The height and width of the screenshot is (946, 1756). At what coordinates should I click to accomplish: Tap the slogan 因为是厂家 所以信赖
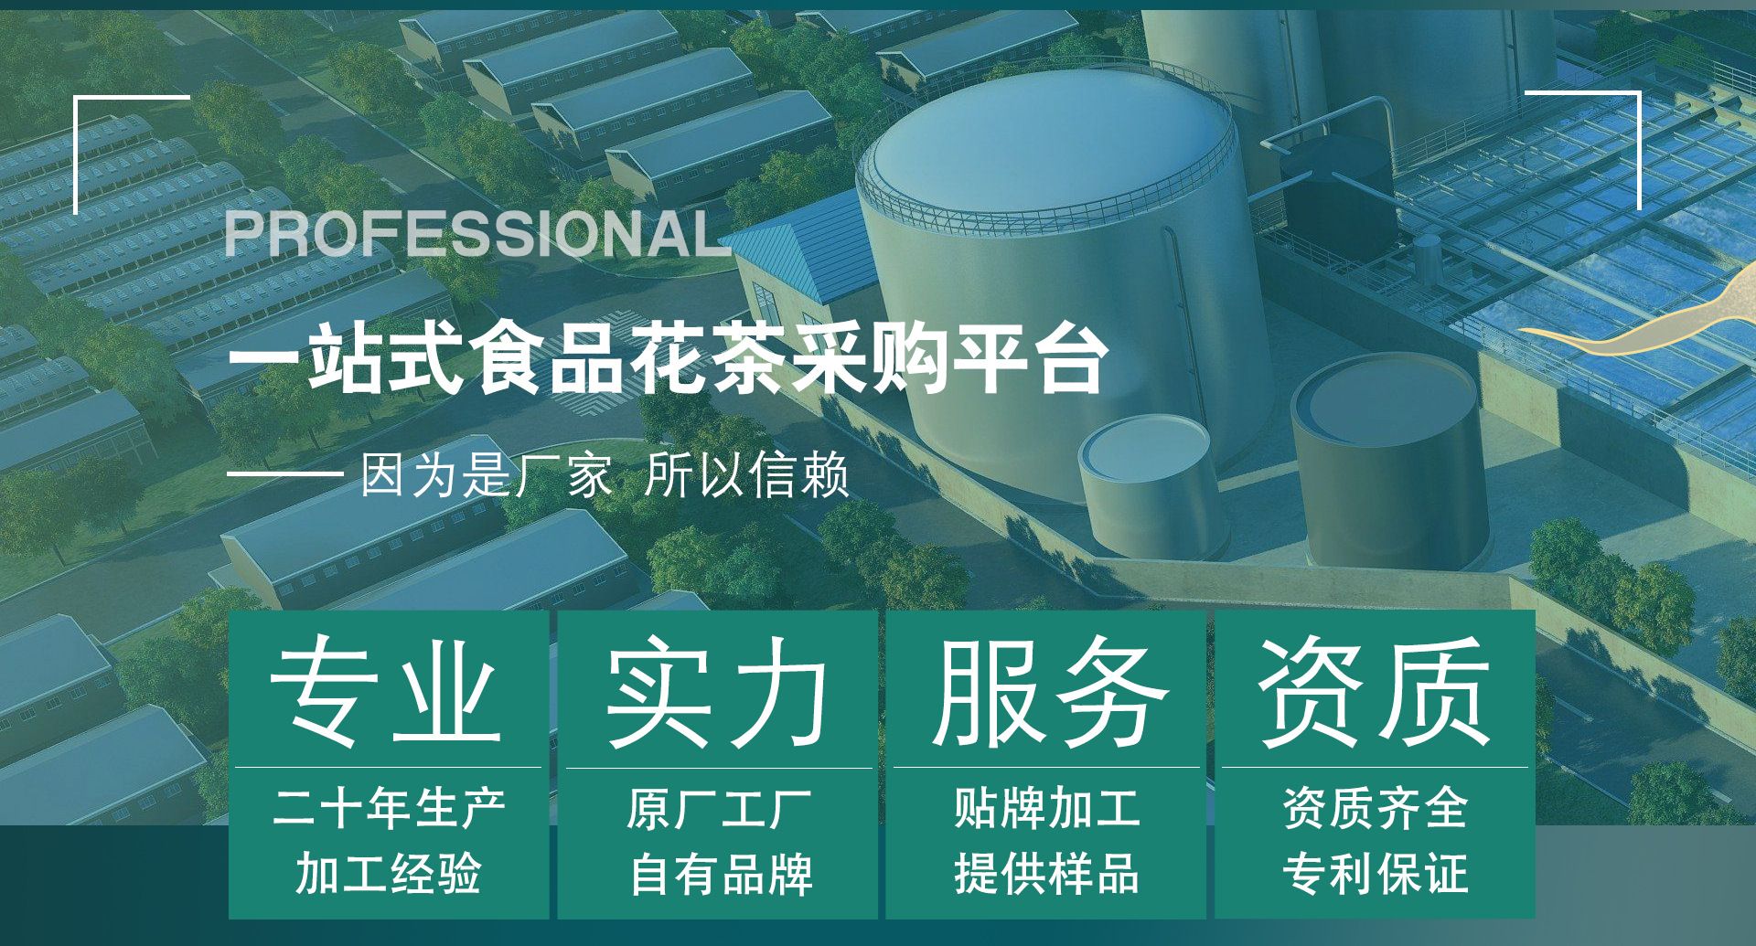click(x=605, y=475)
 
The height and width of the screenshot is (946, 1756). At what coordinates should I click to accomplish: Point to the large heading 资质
click(x=1375, y=691)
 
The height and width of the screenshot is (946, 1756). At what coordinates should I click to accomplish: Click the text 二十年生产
click(x=389, y=808)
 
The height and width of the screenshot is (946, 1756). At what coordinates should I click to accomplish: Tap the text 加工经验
click(x=389, y=873)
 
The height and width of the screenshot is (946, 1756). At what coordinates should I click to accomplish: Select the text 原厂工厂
click(x=719, y=808)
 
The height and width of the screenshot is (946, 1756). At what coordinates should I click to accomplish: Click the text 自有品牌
click(x=721, y=874)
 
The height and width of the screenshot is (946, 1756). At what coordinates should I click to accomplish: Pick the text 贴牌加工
click(x=1047, y=808)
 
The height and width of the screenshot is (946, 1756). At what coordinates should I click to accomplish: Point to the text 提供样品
click(x=1047, y=873)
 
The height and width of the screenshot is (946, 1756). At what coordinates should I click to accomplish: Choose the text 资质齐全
click(x=1376, y=808)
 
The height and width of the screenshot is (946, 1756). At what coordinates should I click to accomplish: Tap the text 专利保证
click(x=1376, y=873)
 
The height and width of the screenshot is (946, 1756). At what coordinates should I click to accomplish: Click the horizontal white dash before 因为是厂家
click(x=284, y=474)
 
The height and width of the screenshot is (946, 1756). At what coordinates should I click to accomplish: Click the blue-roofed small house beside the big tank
click(x=800, y=260)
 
